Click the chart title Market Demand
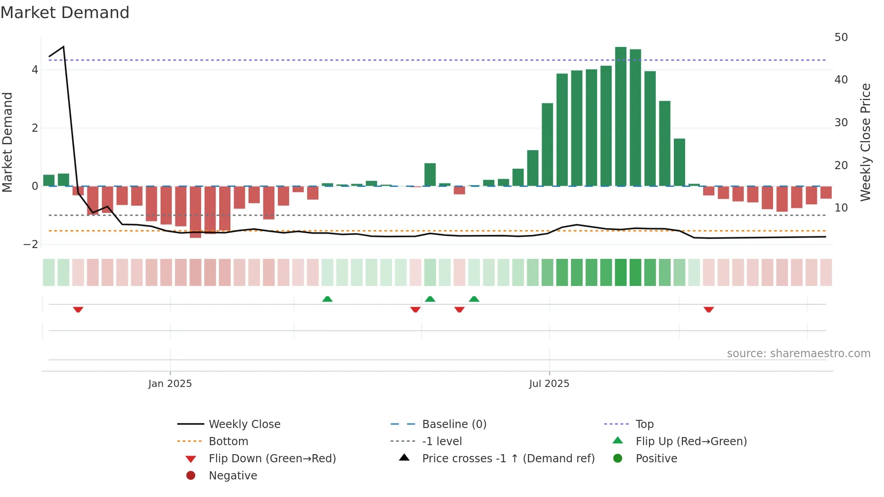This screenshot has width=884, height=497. [x=65, y=13]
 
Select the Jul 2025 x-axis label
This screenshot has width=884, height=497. [x=549, y=384]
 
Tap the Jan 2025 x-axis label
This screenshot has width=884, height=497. [x=170, y=384]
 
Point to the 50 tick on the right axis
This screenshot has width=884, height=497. [x=841, y=37]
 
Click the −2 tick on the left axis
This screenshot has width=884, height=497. [x=31, y=244]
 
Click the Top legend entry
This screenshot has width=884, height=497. [x=644, y=424]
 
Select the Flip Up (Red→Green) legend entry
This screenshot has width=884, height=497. [x=691, y=442]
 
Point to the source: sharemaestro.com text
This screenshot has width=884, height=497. [x=798, y=354]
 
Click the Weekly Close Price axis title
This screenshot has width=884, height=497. [x=866, y=142]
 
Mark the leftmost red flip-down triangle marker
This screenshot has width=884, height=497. [x=78, y=309]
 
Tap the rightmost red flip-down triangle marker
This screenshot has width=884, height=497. [x=709, y=309]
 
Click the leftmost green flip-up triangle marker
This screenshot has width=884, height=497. [x=327, y=299]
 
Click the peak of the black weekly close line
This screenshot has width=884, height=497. [x=64, y=46]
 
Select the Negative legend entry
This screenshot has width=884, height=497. [x=233, y=476]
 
